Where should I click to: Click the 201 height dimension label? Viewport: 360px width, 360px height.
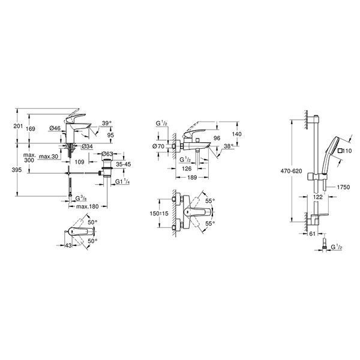tap(19, 126)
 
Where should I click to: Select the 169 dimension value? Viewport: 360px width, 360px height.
tap(31, 129)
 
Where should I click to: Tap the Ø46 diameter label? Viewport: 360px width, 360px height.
tap(55, 128)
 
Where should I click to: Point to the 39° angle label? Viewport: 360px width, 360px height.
tap(107, 123)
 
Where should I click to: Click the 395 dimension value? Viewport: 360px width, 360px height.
tap(17, 170)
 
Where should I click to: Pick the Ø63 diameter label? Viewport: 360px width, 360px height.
tap(107, 154)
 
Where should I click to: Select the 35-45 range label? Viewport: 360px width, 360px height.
tap(123, 164)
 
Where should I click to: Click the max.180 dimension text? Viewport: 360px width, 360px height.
tap(87, 206)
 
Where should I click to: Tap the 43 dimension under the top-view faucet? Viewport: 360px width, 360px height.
tap(68, 245)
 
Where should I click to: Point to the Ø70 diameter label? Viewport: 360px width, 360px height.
tap(158, 146)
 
